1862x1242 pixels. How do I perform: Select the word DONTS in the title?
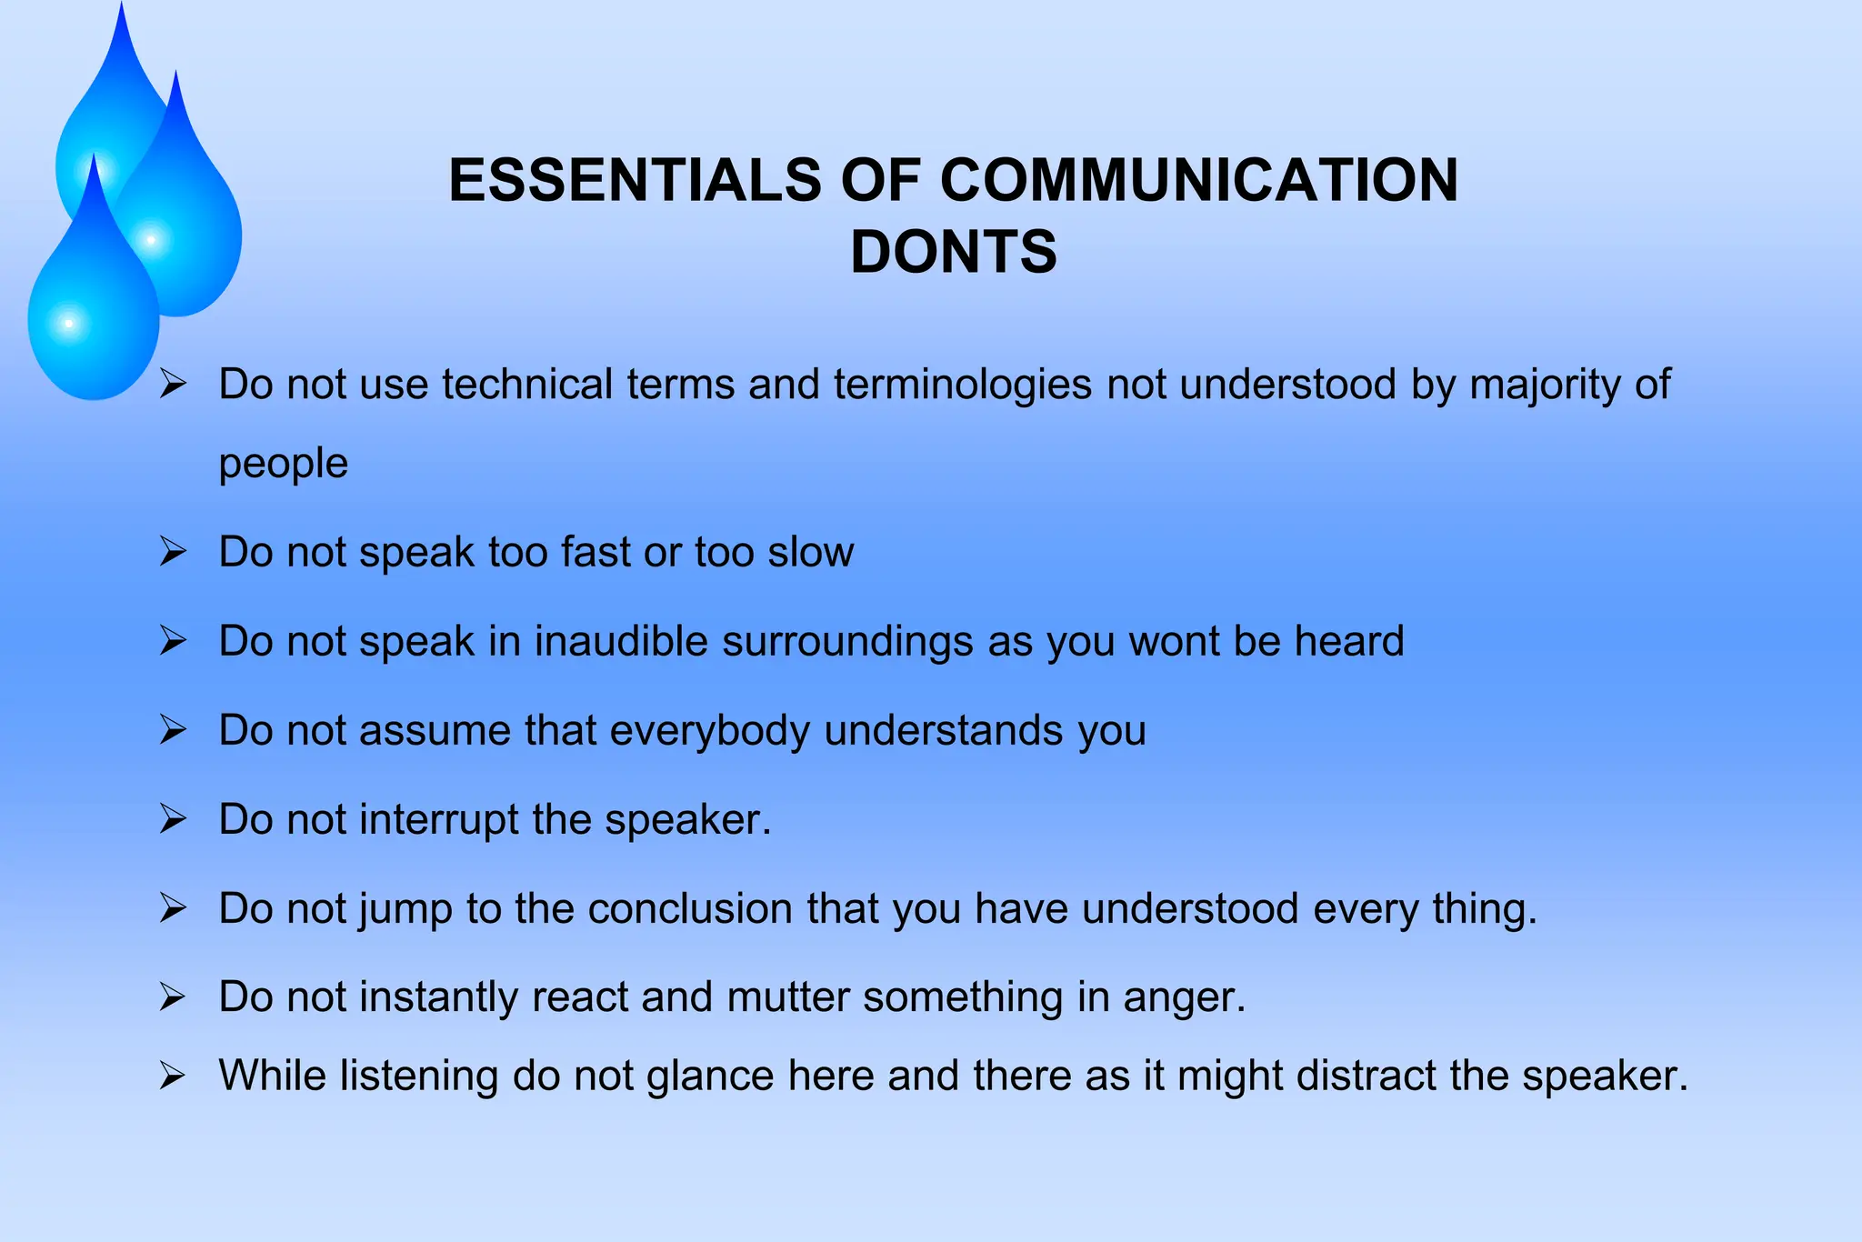tap(954, 252)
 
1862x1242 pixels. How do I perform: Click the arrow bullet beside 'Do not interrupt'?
tap(173, 818)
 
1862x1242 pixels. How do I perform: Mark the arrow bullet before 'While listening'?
tap(172, 1077)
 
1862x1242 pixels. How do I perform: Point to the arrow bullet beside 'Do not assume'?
tap(173, 729)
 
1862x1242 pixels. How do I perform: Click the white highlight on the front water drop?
tap(69, 323)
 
